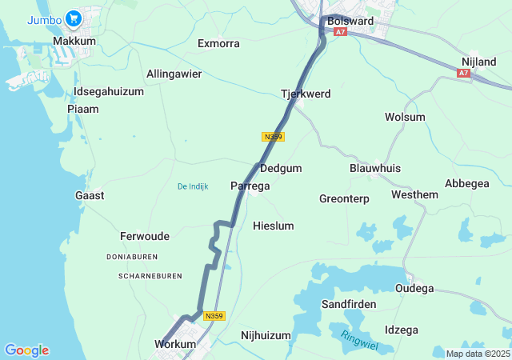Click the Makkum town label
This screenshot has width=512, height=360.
coord(74,41)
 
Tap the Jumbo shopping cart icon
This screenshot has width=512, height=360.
coord(74,18)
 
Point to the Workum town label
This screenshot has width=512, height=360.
coord(174,344)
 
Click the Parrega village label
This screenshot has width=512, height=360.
coord(250,186)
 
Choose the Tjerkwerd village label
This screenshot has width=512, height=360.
coord(306,94)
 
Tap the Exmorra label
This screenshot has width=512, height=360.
coord(218,43)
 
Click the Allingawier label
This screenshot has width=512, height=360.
coord(174,74)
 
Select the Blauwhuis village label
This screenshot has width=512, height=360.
coord(375,168)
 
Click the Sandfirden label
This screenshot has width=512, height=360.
coord(348,305)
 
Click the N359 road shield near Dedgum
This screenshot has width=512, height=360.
coord(273,138)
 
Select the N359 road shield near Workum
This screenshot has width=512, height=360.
coord(214,316)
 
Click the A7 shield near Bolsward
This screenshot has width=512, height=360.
coord(341,32)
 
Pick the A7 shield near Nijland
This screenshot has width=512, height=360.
coord(464,73)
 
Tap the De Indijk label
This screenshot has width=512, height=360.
coord(193,186)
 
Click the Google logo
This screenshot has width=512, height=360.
coord(26,350)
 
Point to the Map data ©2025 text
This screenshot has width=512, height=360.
coord(477,354)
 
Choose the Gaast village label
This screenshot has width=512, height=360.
coord(89,195)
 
